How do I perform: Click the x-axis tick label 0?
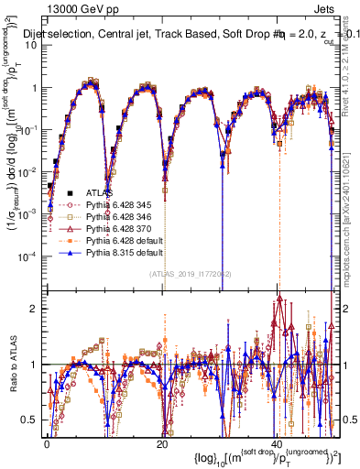48,444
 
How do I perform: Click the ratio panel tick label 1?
34,365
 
